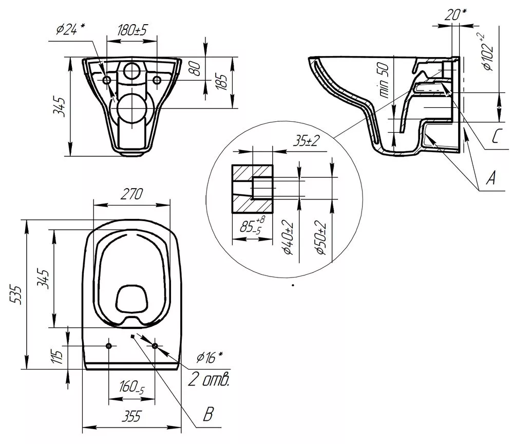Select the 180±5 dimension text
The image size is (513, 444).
point(132,30)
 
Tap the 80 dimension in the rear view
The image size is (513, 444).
point(196,68)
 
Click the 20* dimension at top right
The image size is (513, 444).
point(455,14)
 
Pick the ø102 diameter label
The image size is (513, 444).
point(487,52)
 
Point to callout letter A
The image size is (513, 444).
point(490,178)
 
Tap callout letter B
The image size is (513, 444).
point(208,414)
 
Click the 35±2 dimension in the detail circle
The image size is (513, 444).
point(306,141)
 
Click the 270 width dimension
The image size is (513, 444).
point(131,194)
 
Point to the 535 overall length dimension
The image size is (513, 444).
point(16,294)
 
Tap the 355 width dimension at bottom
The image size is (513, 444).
point(131,416)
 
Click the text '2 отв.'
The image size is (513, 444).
point(208,380)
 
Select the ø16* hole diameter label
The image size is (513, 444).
point(210,357)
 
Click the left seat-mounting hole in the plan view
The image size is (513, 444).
point(109,346)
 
